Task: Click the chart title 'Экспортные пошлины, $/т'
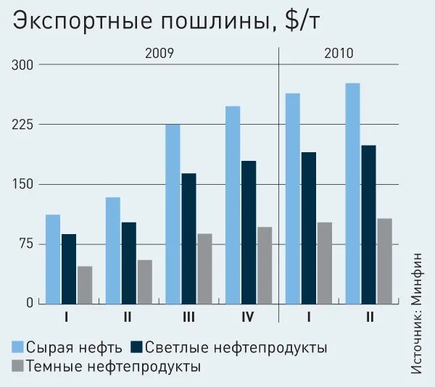(165, 22)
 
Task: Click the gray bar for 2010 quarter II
(384, 261)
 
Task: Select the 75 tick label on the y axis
(26, 244)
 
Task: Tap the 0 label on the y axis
(30, 303)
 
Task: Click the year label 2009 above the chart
(159, 53)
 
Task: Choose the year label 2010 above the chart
(339, 53)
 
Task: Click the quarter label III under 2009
(188, 317)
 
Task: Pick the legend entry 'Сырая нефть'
(69, 347)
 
